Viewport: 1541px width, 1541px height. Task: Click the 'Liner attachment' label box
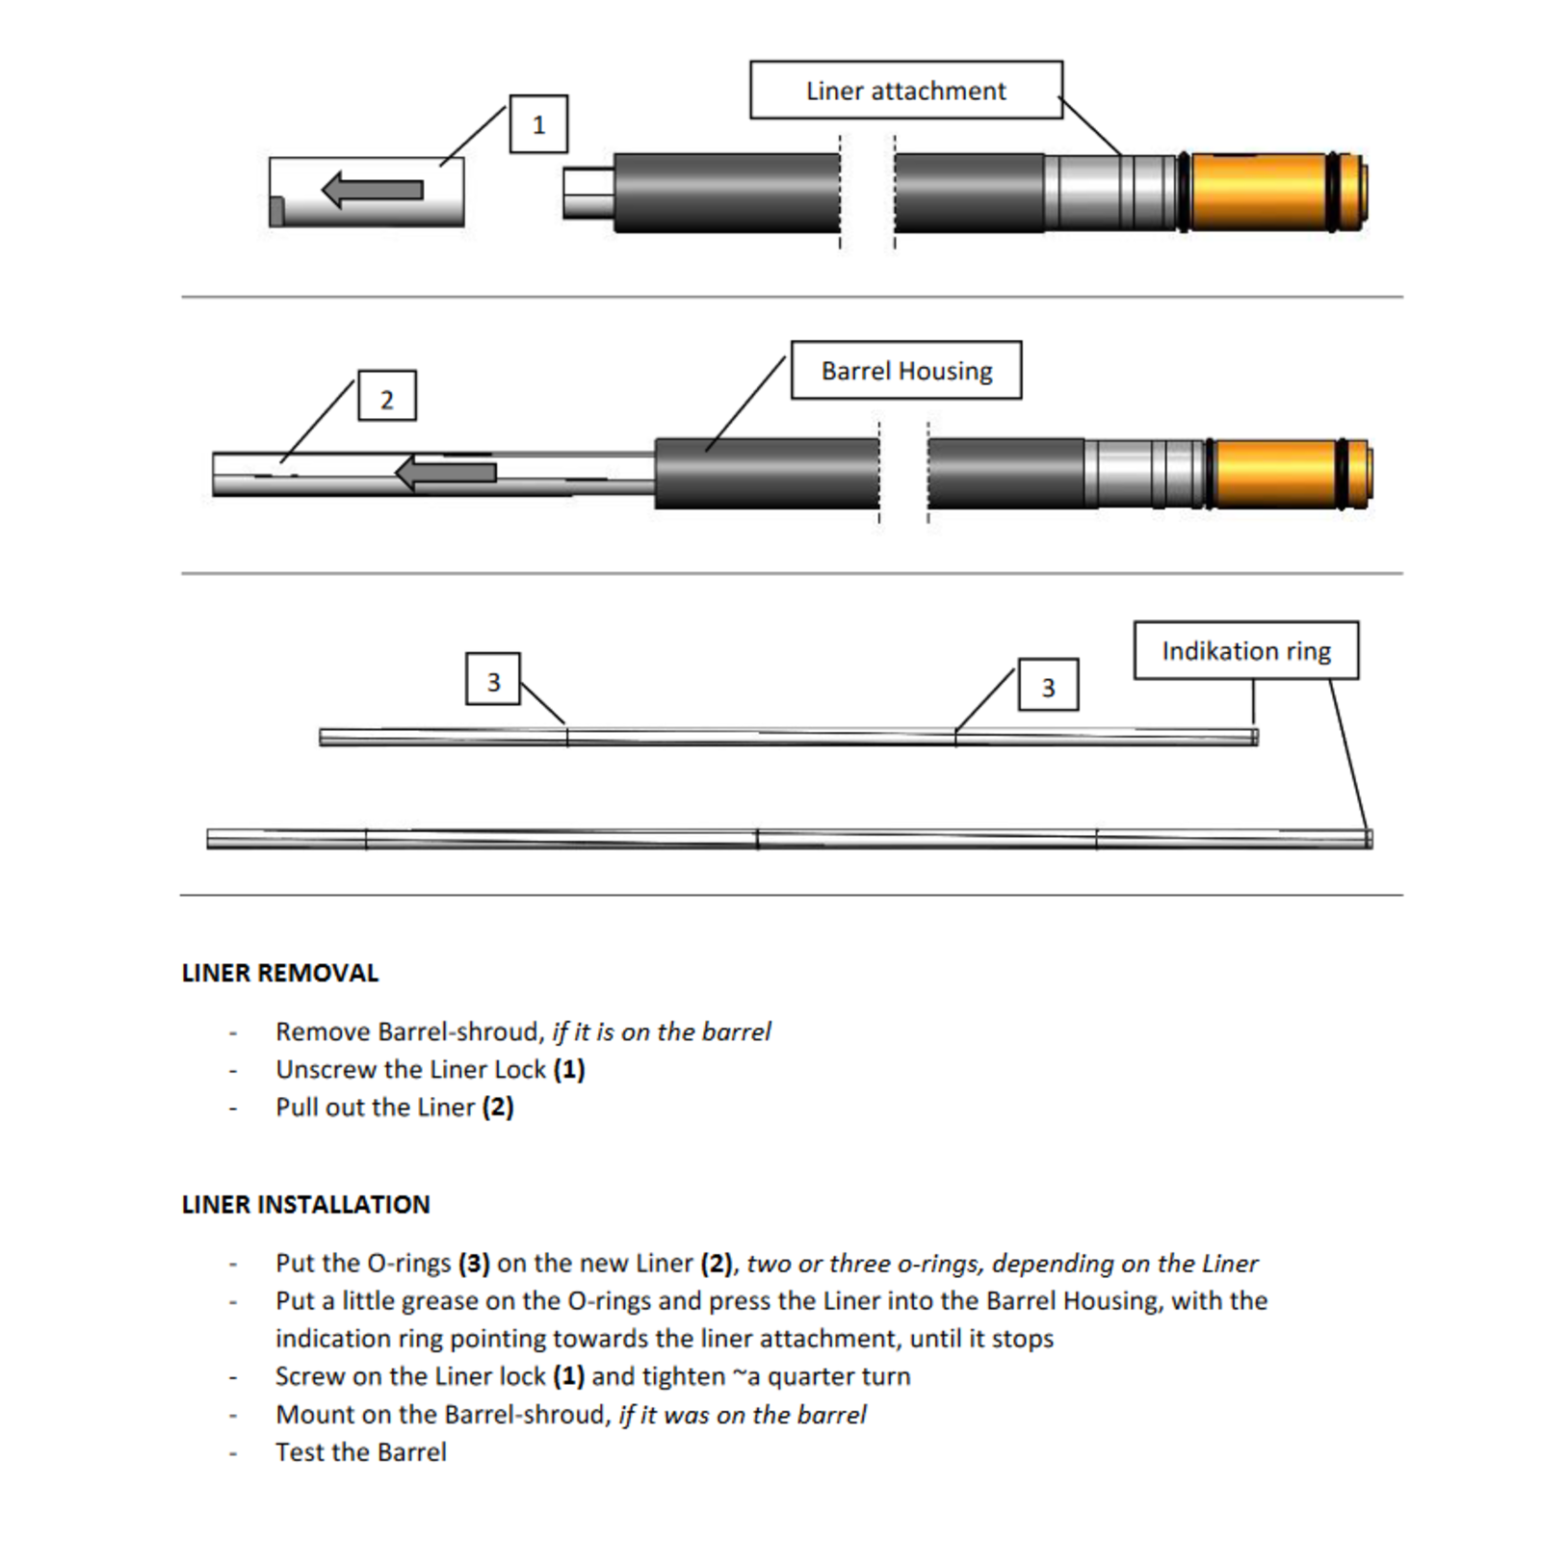[x=905, y=91]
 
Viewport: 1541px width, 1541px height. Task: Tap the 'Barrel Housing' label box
[x=905, y=371]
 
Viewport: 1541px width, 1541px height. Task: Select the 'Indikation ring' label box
[x=1245, y=651]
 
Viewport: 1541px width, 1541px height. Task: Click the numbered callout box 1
[x=538, y=124]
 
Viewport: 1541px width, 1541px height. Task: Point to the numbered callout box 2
[x=387, y=396]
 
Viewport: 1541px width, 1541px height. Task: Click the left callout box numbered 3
[x=493, y=681]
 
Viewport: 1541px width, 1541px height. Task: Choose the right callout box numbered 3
[x=1048, y=686]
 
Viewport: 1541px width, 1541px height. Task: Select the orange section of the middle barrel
[x=1274, y=474]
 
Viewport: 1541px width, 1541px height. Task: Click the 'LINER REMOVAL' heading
[x=280, y=973]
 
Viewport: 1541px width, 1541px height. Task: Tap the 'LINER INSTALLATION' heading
[x=305, y=1204]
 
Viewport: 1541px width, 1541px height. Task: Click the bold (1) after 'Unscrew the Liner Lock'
[x=569, y=1069]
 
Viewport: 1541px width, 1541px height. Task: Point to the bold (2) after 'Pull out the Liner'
[x=498, y=1108]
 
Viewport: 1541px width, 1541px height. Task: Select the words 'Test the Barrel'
[x=361, y=1451]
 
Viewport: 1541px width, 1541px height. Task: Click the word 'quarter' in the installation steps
[x=809, y=1376]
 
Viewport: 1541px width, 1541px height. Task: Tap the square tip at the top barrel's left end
[x=588, y=193]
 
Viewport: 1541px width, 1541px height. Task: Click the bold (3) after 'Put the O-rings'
[x=474, y=1263]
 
